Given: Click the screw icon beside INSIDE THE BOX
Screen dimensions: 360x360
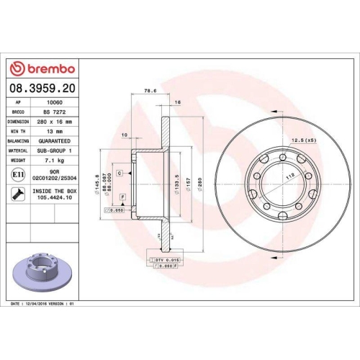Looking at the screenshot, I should (x=17, y=193).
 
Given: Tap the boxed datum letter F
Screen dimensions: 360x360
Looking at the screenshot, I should (x=122, y=197).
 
